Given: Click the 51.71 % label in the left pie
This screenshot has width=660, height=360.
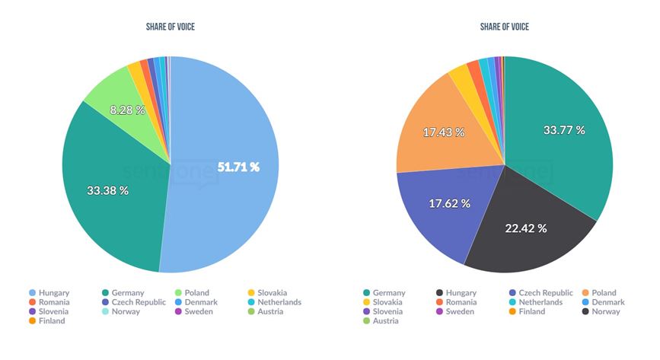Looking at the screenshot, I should point(238,167).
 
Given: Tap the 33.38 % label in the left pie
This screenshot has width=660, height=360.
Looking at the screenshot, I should point(107,190).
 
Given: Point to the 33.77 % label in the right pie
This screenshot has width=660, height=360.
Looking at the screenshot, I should point(564,130).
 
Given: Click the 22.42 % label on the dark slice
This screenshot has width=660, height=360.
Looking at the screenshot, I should point(526,228).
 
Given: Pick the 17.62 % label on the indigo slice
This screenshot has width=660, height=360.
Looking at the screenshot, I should point(449,203).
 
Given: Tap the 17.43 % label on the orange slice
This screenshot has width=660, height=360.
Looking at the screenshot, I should point(443,132).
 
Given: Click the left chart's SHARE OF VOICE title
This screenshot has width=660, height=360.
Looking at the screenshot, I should point(170,27).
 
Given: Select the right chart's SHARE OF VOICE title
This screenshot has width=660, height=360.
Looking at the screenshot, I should point(504,27).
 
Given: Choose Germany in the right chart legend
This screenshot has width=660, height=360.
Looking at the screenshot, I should point(389,292).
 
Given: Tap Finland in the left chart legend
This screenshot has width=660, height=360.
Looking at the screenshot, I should point(52,321).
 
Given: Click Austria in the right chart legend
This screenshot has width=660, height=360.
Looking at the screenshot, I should point(386,321).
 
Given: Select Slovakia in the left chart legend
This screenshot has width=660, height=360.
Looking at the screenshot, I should point(272,292).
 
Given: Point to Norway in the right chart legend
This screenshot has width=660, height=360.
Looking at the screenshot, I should point(605,311).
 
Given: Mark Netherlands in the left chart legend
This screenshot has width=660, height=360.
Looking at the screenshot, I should point(279,302).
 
